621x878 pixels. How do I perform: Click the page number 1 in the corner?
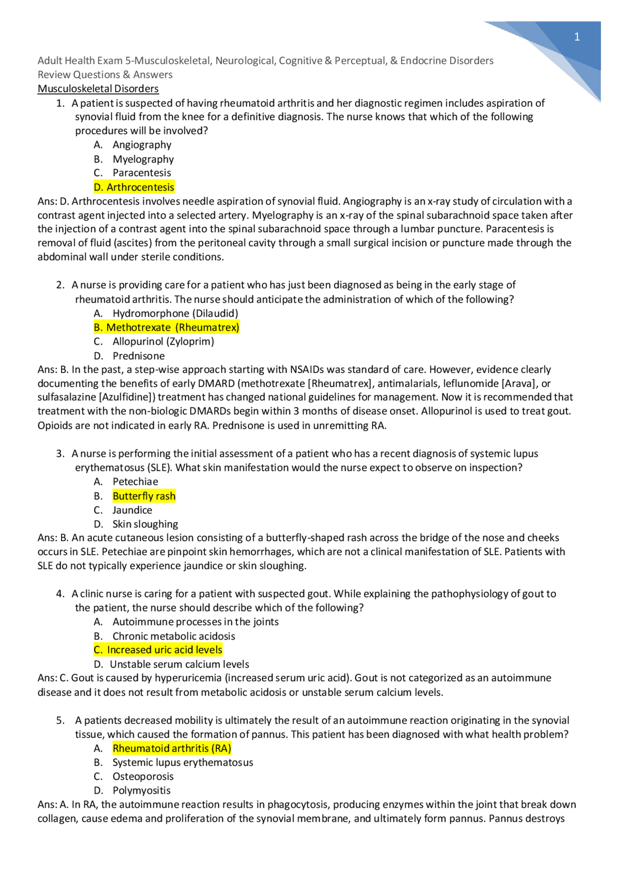(576, 37)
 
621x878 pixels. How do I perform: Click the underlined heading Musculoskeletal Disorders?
(98, 89)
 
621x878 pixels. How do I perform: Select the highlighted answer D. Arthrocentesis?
(134, 187)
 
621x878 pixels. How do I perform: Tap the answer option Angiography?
(142, 145)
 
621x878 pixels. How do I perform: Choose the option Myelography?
(143, 159)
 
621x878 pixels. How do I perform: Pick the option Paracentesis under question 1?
(142, 173)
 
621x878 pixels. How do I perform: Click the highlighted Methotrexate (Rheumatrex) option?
(166, 327)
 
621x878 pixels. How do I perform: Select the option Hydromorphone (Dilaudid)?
(175, 313)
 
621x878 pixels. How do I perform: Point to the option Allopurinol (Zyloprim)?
(163, 341)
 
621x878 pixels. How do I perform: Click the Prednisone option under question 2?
(138, 356)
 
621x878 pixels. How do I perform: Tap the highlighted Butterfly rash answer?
(144, 496)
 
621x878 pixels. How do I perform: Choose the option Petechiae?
(135, 481)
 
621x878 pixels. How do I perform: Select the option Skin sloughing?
(145, 524)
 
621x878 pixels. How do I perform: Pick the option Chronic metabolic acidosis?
(174, 636)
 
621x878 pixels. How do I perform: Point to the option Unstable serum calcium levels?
(179, 664)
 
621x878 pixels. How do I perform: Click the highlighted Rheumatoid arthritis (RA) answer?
(172, 748)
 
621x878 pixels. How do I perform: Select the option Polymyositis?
(141, 790)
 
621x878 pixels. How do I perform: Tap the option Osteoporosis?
(143, 776)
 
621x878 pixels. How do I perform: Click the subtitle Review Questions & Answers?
(105, 75)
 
